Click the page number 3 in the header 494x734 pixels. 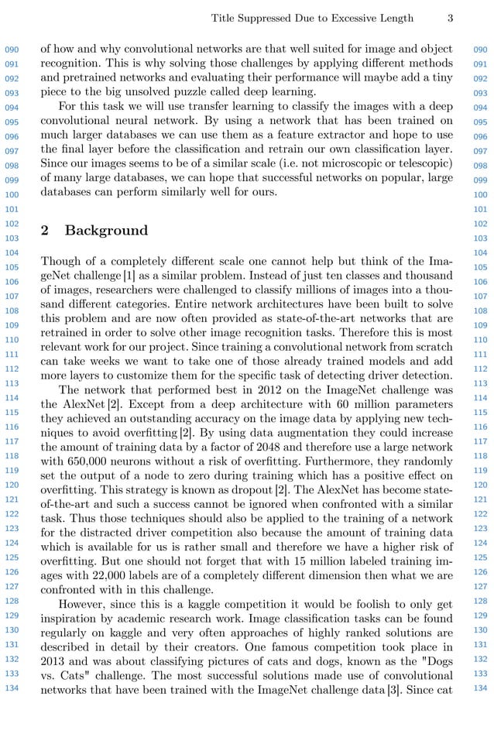(450, 19)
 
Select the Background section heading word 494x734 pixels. (106, 231)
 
